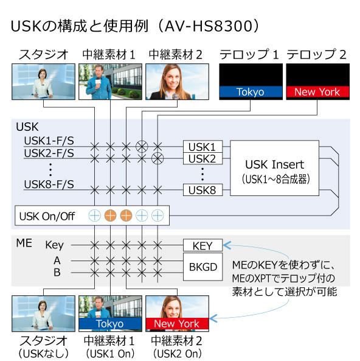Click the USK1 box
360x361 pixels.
pyautogui.click(x=202, y=146)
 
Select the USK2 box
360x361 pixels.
pyautogui.click(x=202, y=158)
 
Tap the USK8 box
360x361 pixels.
pyautogui.click(x=202, y=189)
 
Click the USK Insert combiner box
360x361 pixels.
pyautogui.click(x=274, y=168)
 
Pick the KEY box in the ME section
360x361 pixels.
pyautogui.click(x=202, y=246)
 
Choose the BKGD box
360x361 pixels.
pyautogui.click(x=202, y=266)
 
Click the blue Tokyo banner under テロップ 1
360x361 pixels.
pyautogui.click(x=251, y=92)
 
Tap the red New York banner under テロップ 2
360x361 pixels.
pyautogui.click(x=317, y=92)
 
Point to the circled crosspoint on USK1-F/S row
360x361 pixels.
pyautogui.click(x=142, y=146)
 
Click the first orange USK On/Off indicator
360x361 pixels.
pyautogui.click(x=110, y=215)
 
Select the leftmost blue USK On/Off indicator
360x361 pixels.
pyautogui.click(x=94, y=215)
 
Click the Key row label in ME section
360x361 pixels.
pyautogui.click(x=54, y=245)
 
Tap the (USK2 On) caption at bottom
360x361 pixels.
pyautogui.click(x=176, y=353)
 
